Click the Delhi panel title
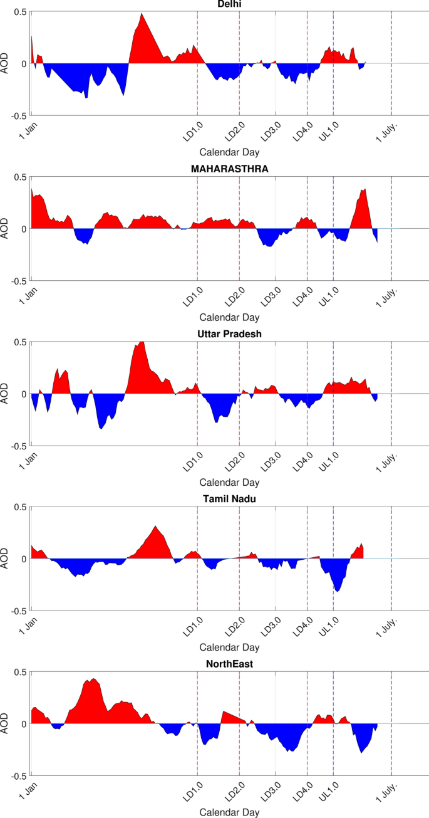(229, 4)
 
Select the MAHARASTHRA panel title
(229, 169)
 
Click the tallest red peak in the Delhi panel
(142, 14)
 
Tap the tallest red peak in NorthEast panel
(93, 679)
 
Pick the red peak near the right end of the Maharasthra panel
(364, 190)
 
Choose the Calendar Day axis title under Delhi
(229, 152)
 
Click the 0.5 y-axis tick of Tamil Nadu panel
(21, 506)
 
